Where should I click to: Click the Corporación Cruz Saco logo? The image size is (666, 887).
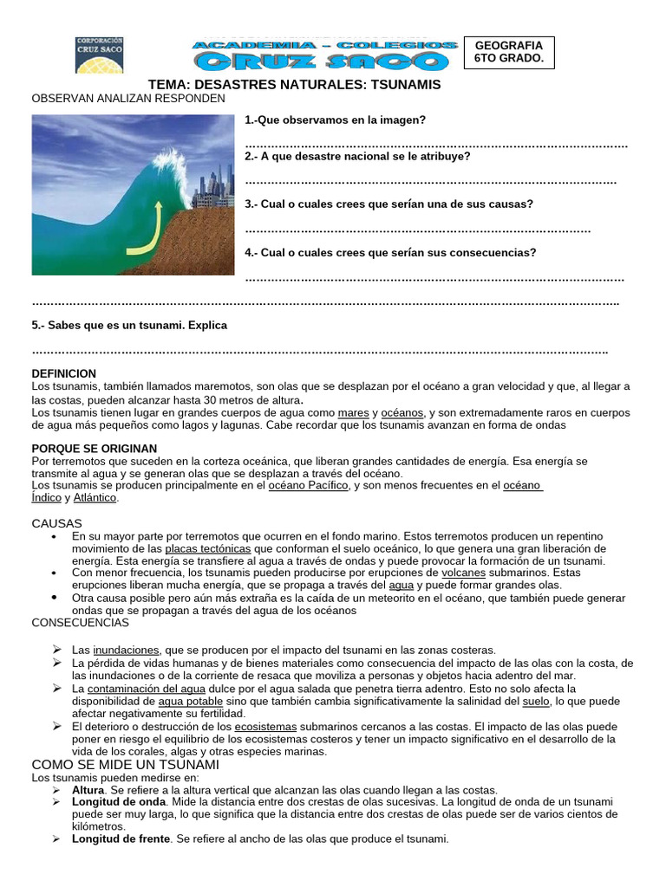point(101,54)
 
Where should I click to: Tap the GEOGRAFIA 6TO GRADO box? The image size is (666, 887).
point(508,52)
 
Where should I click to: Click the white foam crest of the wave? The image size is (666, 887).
point(170,165)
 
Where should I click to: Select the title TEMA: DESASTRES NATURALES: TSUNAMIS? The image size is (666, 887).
point(295,85)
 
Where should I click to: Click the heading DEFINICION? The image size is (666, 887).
point(64,373)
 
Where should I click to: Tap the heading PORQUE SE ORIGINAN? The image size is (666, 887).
point(95,449)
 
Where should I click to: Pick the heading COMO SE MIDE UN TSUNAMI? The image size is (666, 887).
point(126,765)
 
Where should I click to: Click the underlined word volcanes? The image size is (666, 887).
point(463,573)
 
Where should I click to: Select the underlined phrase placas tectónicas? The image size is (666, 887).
point(208,549)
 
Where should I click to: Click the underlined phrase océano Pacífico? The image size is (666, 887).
point(308,486)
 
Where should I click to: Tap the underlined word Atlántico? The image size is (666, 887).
point(95,498)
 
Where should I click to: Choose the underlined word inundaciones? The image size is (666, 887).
point(127,650)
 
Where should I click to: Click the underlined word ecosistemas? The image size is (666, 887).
point(265,727)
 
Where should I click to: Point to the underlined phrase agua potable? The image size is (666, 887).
point(191,701)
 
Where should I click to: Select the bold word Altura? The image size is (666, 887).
point(88,790)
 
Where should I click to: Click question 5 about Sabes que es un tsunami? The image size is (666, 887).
point(129,326)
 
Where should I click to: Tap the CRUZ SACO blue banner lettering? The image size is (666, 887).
point(323,60)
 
